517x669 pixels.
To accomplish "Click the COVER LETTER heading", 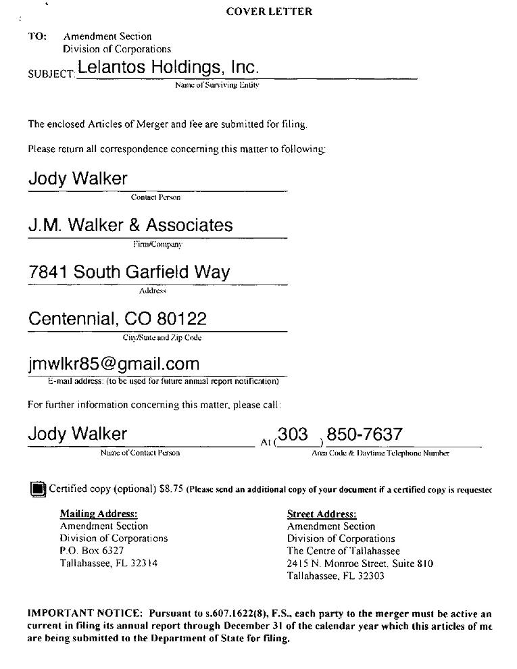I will click(x=269, y=11).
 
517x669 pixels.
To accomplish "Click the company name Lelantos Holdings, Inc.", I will click(x=168, y=68).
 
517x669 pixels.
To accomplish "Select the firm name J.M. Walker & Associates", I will click(x=130, y=225).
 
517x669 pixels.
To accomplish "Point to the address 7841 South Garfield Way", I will click(x=129, y=272).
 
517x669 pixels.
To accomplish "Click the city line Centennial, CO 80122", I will click(x=118, y=318).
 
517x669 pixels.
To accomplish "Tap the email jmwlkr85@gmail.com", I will click(x=114, y=364).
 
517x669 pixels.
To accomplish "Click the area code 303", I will click(x=293, y=434).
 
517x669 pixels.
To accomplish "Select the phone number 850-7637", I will click(x=364, y=434).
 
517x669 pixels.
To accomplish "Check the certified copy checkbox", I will click(x=38, y=489).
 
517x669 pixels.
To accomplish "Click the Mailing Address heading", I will click(x=99, y=514).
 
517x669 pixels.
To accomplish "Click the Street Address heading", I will click(x=322, y=514).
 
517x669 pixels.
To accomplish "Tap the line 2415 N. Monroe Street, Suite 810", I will click(x=360, y=564).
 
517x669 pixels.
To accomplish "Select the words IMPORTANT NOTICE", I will click(x=84, y=614).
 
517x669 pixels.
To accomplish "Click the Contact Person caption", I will click(x=155, y=198).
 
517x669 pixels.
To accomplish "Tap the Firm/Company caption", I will click(x=157, y=245).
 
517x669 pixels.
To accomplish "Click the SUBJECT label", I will click(x=51, y=73).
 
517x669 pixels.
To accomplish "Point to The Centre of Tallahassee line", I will click(x=343, y=551).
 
